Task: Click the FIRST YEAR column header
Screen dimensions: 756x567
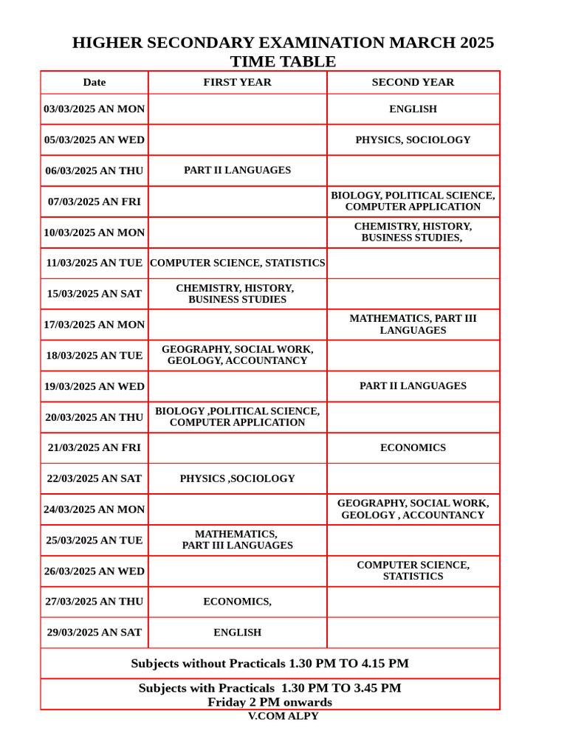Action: click(x=237, y=82)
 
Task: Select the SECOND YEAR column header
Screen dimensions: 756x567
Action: click(x=413, y=82)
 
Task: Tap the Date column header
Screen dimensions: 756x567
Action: click(x=94, y=82)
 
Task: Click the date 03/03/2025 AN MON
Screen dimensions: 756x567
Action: click(x=94, y=109)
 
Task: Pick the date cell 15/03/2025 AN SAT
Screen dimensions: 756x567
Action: click(x=94, y=294)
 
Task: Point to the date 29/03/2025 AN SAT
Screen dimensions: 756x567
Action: click(x=94, y=633)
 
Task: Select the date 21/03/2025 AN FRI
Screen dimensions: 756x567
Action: click(x=94, y=448)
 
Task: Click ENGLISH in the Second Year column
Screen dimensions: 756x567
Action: click(x=413, y=109)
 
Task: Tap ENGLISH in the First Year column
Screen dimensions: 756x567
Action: click(x=237, y=633)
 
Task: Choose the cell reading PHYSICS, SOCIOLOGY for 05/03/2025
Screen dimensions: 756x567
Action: click(x=413, y=140)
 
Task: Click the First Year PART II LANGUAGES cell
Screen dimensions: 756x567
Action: click(x=237, y=171)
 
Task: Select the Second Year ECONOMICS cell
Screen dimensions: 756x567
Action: click(x=413, y=448)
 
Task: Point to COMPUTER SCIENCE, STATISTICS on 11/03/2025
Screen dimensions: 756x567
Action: click(x=237, y=263)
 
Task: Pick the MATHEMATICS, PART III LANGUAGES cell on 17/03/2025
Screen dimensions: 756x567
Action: click(x=413, y=324)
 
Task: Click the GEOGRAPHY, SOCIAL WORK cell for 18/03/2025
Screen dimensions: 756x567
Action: click(x=237, y=355)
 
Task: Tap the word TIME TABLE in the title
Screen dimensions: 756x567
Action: click(x=283, y=62)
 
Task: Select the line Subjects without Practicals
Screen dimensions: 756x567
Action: click(x=269, y=664)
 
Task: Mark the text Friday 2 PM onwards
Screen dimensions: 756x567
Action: click(x=269, y=702)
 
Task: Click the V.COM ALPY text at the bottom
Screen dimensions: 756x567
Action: click(x=283, y=716)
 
